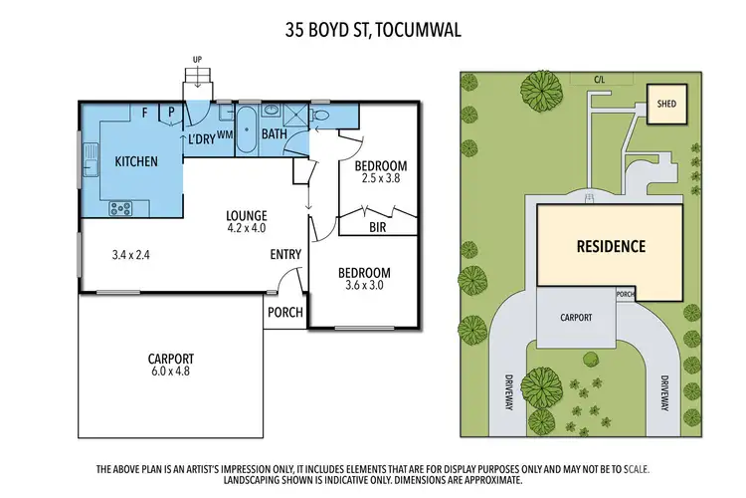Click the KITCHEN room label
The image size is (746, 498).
135,161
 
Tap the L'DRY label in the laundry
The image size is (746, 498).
202,140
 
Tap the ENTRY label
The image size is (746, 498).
285,255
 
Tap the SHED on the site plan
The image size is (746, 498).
663,101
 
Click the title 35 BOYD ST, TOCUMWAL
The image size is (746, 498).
372,31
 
